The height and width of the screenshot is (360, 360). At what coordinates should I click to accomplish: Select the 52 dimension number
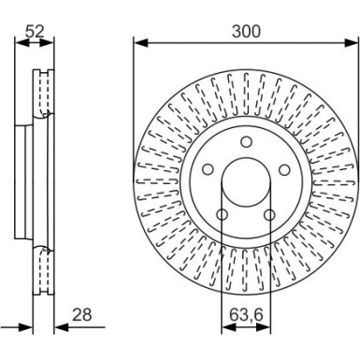click(x=36, y=32)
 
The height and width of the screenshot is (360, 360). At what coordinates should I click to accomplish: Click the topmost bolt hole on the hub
click(x=244, y=141)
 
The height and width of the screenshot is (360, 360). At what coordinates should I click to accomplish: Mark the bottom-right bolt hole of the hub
click(x=269, y=217)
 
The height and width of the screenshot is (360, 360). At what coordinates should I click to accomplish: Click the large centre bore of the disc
click(x=244, y=182)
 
